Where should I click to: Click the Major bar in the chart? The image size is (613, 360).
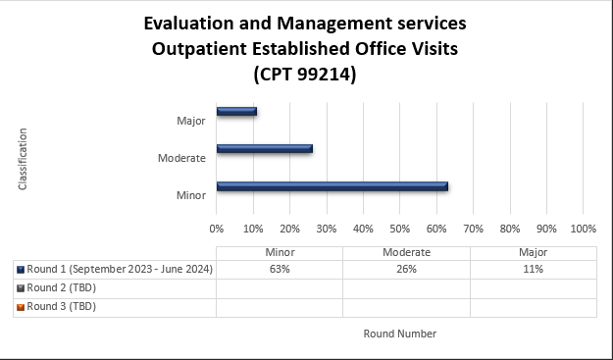point(236,111)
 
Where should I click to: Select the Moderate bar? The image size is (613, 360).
point(264,149)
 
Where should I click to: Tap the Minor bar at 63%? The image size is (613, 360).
point(332,185)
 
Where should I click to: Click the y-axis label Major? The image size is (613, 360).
point(191,121)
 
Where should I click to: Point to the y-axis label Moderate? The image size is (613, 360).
point(181,158)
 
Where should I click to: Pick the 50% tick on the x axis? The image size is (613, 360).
point(399,229)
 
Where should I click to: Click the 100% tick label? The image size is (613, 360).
point(583,229)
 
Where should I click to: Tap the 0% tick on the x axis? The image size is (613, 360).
point(217,229)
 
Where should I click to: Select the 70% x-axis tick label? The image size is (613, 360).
point(473,229)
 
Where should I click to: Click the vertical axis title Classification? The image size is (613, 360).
point(22,158)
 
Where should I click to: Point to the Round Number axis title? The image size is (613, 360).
point(399,334)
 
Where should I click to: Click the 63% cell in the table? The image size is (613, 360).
point(279,270)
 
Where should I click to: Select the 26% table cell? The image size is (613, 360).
point(406,270)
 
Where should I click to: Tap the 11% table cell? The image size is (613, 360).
point(533,270)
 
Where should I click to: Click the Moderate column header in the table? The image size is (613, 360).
point(406,252)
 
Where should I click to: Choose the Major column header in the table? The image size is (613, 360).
point(533,252)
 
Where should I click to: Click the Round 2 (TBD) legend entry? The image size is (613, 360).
point(61,288)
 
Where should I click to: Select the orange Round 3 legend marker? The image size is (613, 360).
point(21,307)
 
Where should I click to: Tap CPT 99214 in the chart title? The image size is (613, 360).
point(304,74)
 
